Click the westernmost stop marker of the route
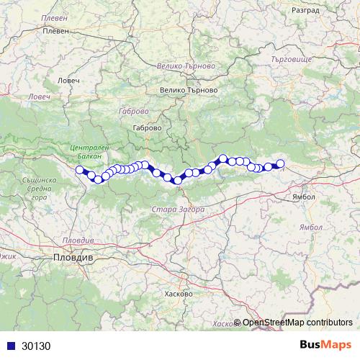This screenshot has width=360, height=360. (x=80, y=170)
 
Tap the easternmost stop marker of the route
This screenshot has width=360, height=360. (x=281, y=163)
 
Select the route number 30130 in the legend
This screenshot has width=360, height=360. (x=36, y=346)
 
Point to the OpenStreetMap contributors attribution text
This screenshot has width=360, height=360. (x=297, y=323)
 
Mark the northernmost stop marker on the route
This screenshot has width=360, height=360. (x=223, y=158)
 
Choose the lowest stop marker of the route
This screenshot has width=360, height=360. (x=177, y=181)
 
